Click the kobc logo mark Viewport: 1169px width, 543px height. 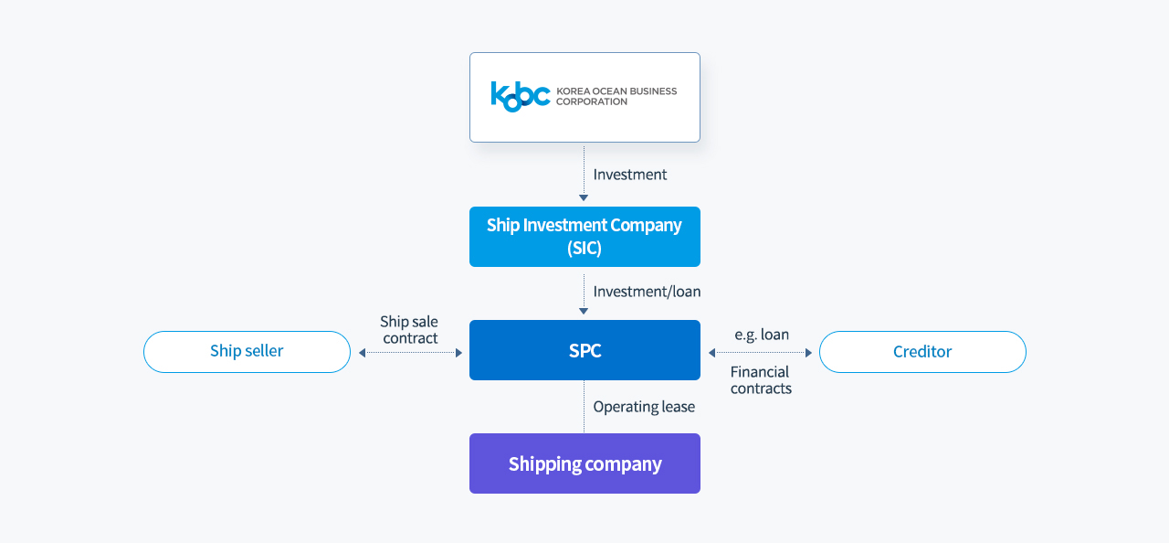521,96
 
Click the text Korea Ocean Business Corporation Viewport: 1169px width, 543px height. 616,97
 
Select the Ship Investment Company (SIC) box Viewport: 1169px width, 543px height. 584,237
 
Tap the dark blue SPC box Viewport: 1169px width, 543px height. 584,350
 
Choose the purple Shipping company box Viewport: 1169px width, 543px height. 584,463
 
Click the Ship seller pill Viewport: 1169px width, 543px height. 247,351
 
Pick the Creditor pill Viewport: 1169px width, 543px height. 922,351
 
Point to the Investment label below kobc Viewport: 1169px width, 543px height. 630,175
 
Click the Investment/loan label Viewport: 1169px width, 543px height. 648,292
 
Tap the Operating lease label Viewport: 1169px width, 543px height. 644,407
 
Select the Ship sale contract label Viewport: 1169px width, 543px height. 409,330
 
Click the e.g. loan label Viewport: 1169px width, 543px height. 762,335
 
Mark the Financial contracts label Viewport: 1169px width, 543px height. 761,380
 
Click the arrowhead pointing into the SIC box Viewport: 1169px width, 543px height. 584,197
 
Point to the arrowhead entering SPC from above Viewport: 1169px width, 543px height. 584,311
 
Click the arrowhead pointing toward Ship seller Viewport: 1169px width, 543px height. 363,353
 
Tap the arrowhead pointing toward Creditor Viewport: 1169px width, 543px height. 809,353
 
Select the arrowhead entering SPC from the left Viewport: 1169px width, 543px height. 459,353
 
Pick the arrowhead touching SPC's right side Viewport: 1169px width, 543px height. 711,353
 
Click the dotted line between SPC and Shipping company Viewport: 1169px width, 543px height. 584,407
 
